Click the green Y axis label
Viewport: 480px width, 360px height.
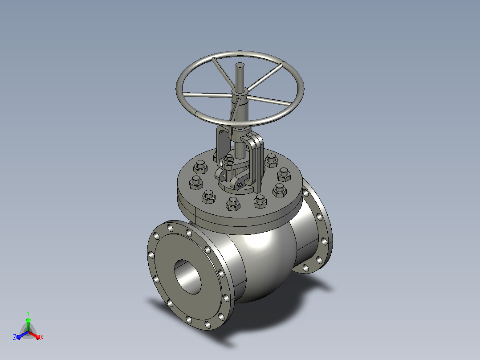28,313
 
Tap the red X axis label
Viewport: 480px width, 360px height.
42,337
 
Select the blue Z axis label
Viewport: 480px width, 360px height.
15,337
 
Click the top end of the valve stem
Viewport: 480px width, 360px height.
240,65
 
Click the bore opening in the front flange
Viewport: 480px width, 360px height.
187,277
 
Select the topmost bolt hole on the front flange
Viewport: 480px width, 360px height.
170,228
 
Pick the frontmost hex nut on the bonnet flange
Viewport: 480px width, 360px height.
233,204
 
